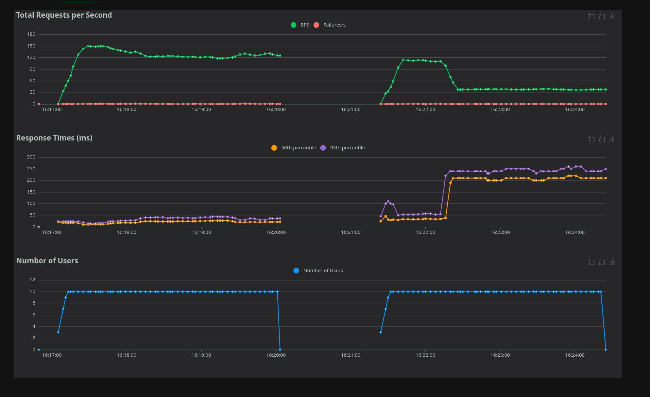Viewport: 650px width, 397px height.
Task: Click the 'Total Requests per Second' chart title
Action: click(64, 15)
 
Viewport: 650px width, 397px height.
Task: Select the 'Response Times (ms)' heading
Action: click(54, 138)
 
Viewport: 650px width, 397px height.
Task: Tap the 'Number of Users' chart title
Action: click(47, 261)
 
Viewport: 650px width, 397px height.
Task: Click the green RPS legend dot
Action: click(294, 25)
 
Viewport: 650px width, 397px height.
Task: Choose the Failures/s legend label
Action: click(334, 25)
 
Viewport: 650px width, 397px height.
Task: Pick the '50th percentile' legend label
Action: click(299, 148)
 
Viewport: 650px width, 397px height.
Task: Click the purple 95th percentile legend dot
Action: click(323, 148)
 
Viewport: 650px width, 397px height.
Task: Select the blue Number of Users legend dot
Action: click(296, 271)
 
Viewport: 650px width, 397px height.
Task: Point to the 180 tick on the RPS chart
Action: click(31, 34)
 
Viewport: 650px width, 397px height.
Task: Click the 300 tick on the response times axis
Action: click(31, 157)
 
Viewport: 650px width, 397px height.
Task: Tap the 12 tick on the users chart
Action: click(32, 280)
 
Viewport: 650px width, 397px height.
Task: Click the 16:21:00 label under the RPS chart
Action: click(351, 109)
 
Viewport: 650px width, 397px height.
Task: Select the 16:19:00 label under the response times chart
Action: click(201, 232)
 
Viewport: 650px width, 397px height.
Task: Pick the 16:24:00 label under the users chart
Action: click(574, 355)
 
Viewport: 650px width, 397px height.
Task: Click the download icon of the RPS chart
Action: click(612, 16)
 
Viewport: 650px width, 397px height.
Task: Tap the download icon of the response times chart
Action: click(612, 139)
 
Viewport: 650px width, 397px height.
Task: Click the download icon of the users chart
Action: click(612, 262)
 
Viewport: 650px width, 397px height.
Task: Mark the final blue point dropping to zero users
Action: click(606, 350)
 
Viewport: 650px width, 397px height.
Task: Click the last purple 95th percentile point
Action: click(606, 169)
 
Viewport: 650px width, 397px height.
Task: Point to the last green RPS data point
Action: click(606, 89)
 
